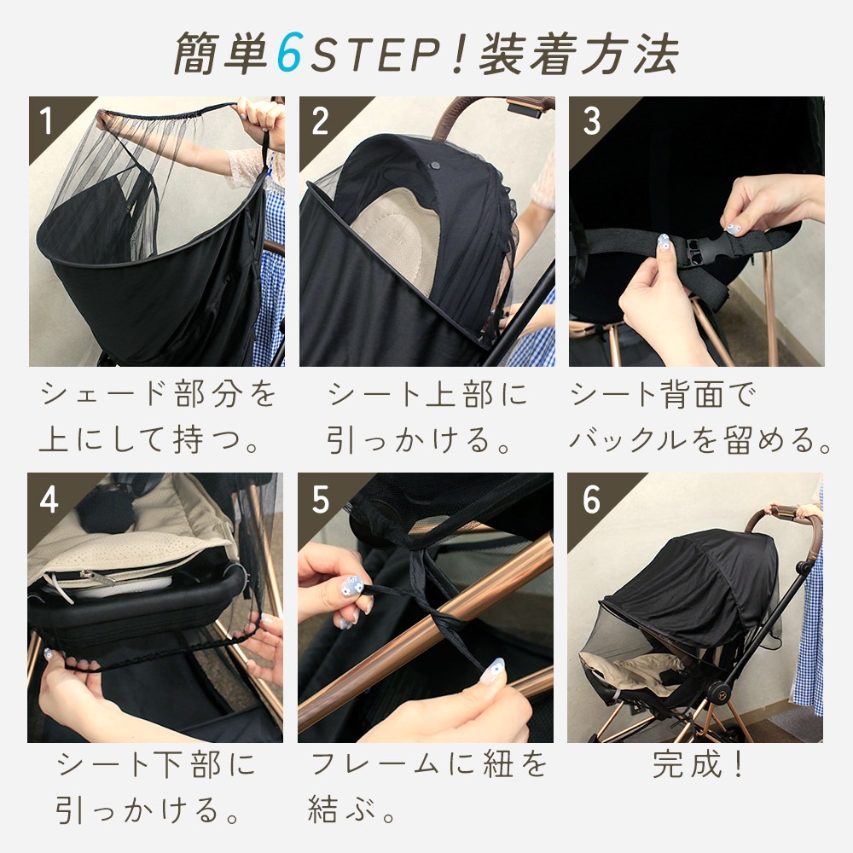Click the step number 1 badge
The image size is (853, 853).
coord(48,121)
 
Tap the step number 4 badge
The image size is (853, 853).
coord(49,500)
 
